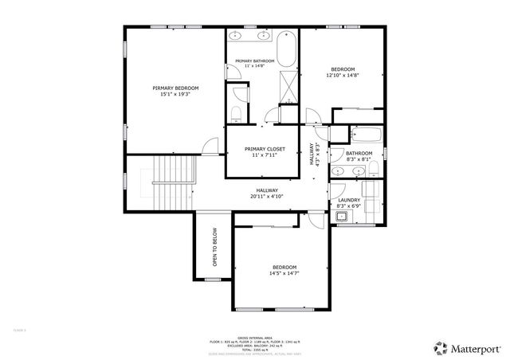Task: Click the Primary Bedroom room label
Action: (175, 88)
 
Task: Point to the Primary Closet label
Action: (265, 149)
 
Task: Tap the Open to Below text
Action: (214, 247)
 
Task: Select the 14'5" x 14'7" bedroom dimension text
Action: (284, 274)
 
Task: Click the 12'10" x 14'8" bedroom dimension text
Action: (343, 76)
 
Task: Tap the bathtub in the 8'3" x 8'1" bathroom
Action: (366, 133)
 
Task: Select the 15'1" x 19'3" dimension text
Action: (175, 94)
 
